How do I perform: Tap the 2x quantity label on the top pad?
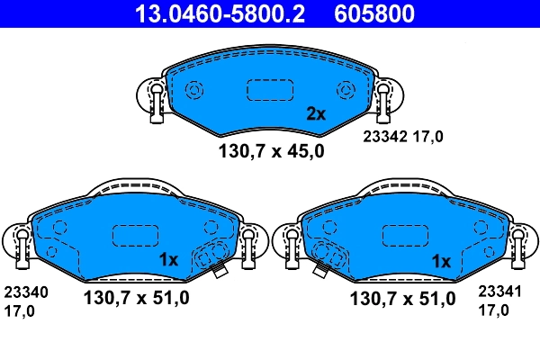315,114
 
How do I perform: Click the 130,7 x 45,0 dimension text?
271,151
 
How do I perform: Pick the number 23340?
26,292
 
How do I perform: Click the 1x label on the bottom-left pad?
169,260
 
